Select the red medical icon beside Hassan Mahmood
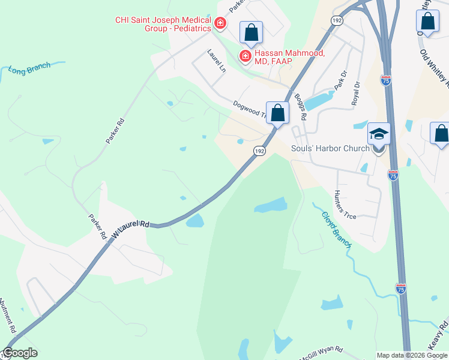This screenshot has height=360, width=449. pos(245,56)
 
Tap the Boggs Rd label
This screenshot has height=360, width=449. pos(301,106)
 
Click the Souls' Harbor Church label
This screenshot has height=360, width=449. pos(329,148)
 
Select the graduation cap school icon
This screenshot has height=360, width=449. pos(379,134)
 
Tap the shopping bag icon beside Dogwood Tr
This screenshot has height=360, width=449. pos(277,112)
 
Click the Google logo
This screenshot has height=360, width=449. pos(20,353)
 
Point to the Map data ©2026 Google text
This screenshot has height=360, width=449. pos(412,355)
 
